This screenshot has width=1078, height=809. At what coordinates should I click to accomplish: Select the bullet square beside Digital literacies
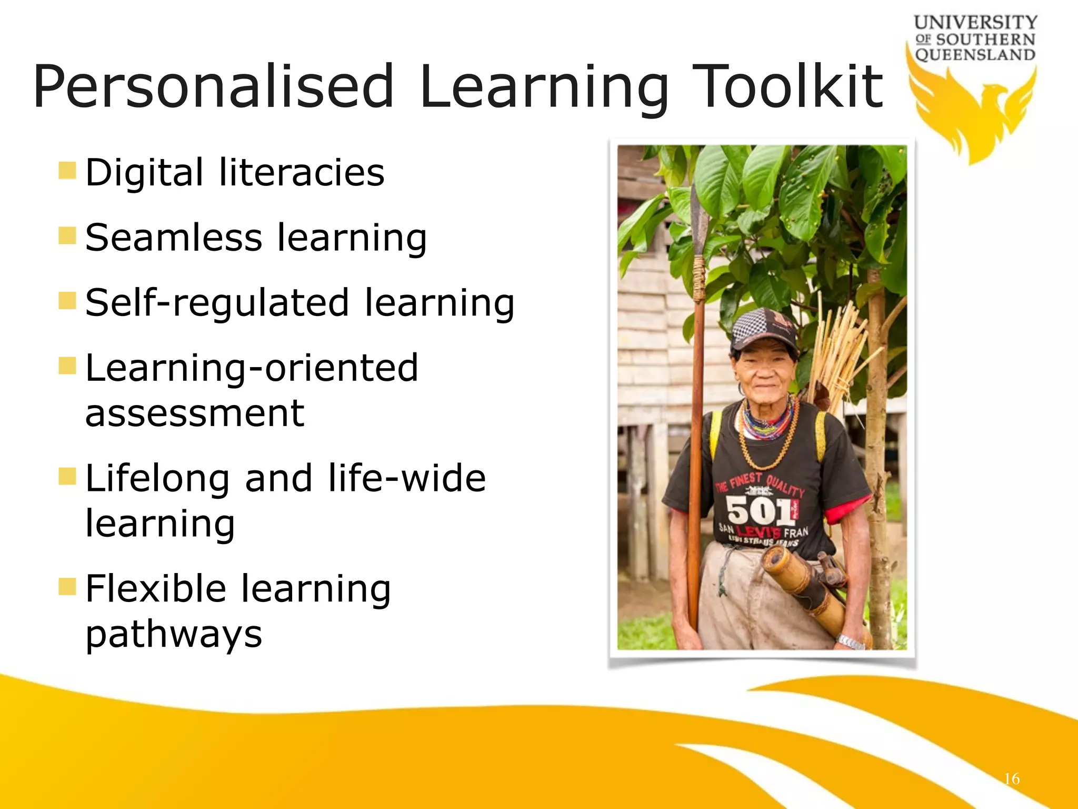pos(67,171)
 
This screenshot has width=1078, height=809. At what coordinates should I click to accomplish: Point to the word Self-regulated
pos(217,303)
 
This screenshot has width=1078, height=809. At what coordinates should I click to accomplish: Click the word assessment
pos(195,412)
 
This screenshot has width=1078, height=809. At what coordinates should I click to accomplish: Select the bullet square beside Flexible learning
pos(67,586)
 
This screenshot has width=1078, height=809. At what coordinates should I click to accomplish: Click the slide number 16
pos(1011,779)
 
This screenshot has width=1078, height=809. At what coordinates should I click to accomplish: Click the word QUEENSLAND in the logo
pos(975,55)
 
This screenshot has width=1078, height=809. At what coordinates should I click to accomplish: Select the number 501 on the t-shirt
pos(760,510)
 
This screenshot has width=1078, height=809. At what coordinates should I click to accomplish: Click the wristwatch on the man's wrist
pos(850,642)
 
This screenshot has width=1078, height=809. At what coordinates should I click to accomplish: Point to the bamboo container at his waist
pos(805,585)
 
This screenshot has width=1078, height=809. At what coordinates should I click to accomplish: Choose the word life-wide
pos(406,478)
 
